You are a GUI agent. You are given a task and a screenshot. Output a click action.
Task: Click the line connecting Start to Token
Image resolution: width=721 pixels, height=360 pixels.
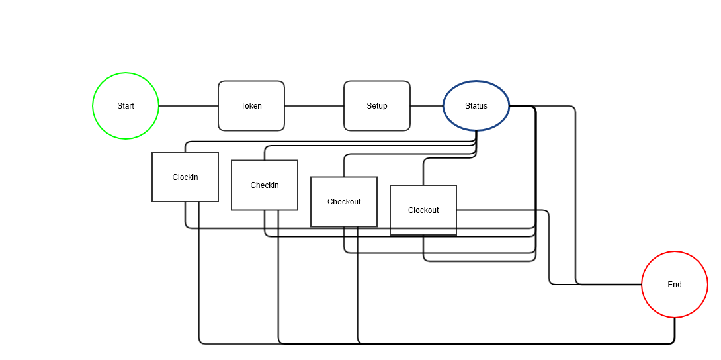(189, 106)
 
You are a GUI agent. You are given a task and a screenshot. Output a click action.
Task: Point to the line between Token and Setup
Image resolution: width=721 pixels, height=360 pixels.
(314, 106)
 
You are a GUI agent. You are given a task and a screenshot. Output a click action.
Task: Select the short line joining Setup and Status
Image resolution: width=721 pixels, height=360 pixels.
(427, 106)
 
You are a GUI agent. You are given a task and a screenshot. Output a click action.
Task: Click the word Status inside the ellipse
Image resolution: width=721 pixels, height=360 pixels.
(476, 106)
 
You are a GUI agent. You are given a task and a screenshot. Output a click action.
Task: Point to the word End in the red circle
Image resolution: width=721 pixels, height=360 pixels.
(675, 285)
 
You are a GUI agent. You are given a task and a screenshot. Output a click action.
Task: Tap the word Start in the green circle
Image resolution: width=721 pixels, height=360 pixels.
(126, 106)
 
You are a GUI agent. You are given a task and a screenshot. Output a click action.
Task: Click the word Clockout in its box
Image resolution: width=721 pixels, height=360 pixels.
(423, 210)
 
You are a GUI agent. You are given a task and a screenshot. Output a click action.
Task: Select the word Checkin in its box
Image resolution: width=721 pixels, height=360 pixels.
(265, 185)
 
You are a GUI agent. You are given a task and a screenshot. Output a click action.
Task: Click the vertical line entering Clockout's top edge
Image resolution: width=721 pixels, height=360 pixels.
(423, 173)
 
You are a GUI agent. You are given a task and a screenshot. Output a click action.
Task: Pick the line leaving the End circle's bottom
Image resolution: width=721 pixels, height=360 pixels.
(675, 330)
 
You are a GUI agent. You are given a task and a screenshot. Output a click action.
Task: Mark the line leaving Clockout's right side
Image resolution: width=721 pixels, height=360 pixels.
(503, 210)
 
